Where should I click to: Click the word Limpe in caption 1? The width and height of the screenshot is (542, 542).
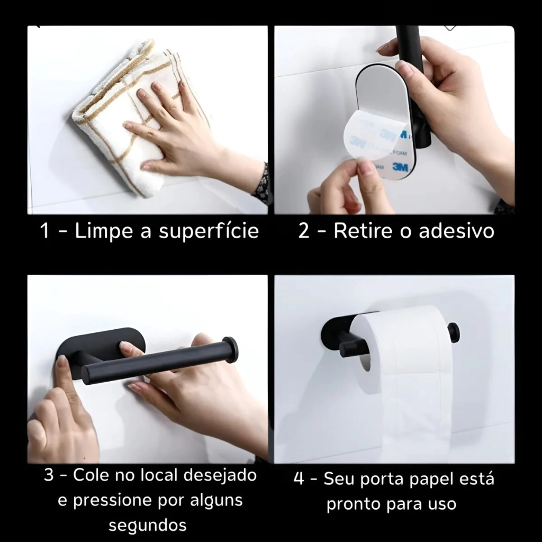point(104,231)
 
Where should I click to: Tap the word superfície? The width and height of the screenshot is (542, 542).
point(209,231)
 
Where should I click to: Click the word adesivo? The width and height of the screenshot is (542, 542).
point(456,231)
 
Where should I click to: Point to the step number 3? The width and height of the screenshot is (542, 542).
point(49,475)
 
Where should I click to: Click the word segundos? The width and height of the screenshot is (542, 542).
point(148,526)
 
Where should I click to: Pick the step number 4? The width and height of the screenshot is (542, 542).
point(299,479)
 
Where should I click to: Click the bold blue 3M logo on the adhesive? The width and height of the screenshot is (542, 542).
point(400,167)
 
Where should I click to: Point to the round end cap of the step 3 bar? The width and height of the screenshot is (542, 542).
point(230,350)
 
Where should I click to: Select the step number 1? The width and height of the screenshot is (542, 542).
point(44,231)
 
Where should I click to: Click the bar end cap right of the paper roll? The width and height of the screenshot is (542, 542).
point(454,332)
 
